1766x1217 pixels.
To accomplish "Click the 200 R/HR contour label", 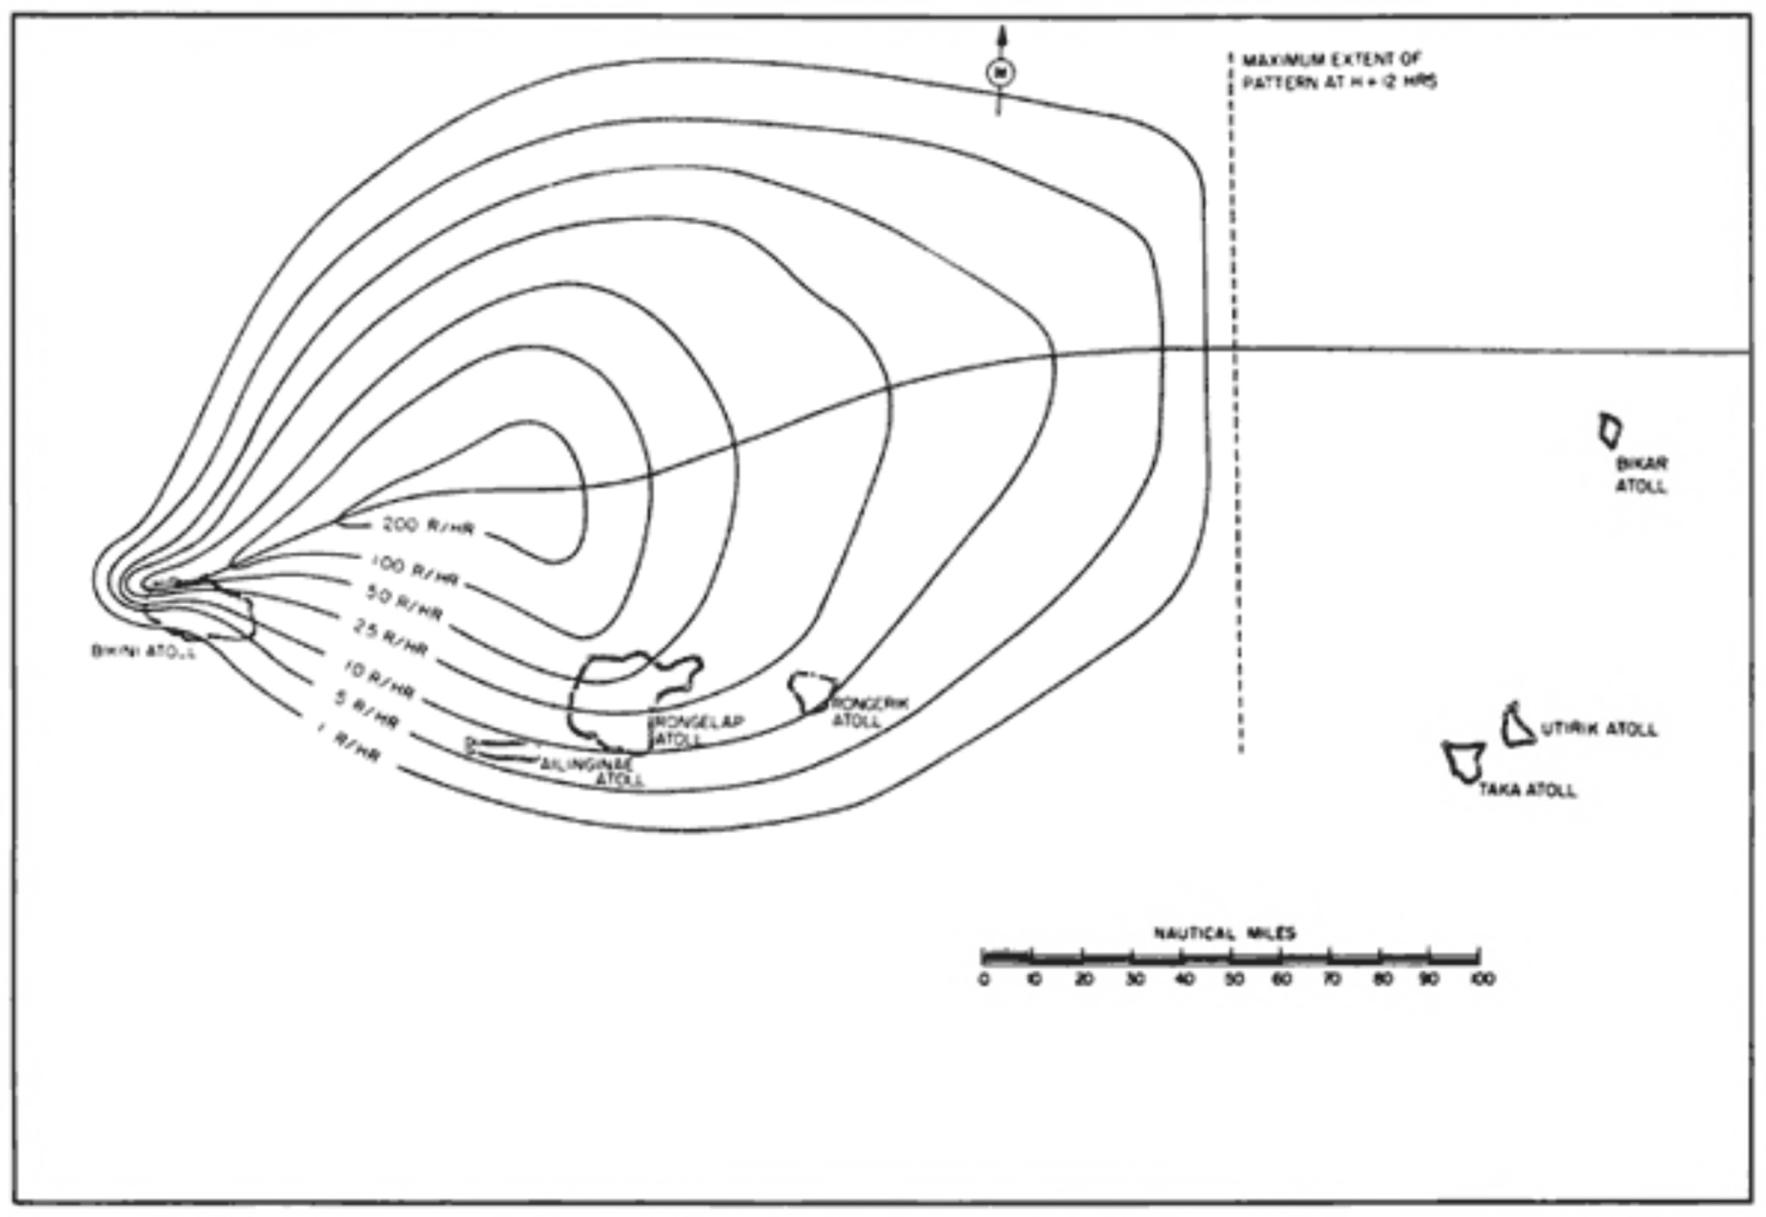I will [427, 526].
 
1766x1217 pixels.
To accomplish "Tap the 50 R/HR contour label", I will [404, 603].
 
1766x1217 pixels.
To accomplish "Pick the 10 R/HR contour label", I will [378, 679].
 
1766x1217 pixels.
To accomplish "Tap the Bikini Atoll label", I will [143, 652].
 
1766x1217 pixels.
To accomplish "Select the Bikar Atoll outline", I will [1611, 430].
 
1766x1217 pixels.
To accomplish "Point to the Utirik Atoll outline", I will [1517, 726].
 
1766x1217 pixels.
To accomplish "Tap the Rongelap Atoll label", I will [698, 730].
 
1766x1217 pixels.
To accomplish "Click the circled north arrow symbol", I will [1000, 72].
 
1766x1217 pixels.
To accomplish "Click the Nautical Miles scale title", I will [1225, 933].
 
